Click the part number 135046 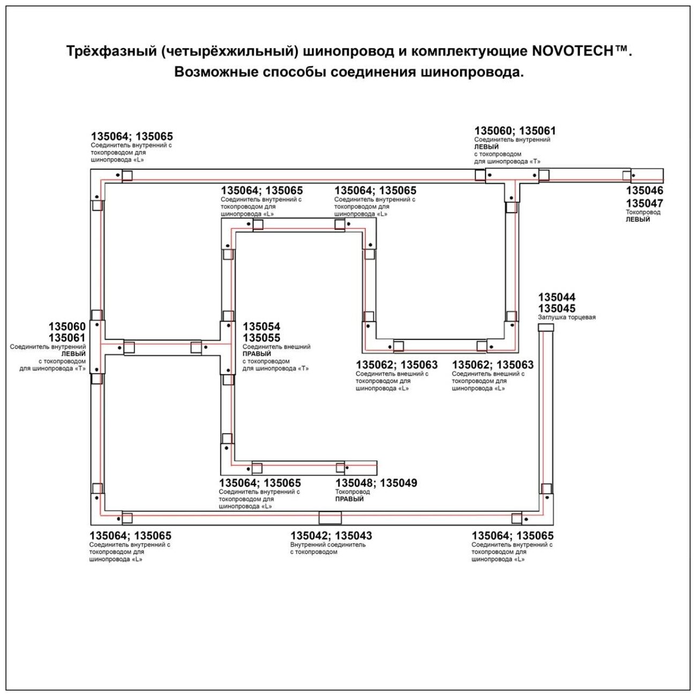tap(645, 191)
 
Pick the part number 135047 tap(645, 203)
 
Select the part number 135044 tap(557, 297)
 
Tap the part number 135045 tap(557, 308)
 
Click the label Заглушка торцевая tap(566, 317)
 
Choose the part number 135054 tap(261, 327)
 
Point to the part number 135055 tap(261, 338)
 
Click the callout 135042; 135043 tap(331, 535)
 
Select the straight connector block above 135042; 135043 tap(330, 518)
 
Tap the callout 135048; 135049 tap(376, 483)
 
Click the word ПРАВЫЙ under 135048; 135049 tap(350, 499)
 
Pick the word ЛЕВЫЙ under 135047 tap(638, 220)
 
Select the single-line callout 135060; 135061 tap(515, 131)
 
